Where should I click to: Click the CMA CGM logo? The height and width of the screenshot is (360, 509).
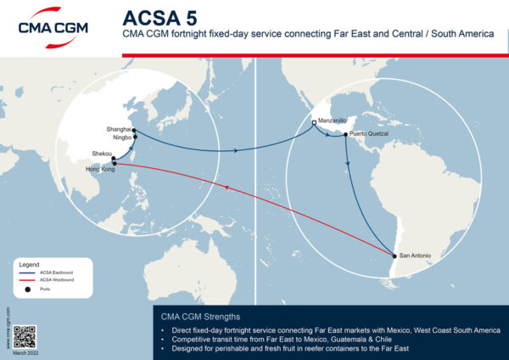pos(59,27)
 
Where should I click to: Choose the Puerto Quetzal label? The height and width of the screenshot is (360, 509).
pos(372,133)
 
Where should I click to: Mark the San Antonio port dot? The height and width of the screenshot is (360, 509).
pos(394,256)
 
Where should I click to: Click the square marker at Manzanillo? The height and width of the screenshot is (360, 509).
pos(314,123)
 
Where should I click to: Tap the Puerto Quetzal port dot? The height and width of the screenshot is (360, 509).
pos(346,134)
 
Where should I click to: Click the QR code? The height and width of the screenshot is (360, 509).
pos(25,336)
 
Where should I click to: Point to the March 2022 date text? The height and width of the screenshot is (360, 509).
pos(25,353)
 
